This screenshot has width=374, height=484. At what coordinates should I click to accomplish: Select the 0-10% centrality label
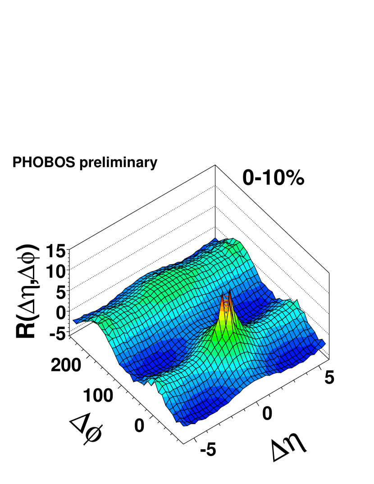274,178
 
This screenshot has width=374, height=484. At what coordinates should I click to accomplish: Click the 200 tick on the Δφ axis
66,365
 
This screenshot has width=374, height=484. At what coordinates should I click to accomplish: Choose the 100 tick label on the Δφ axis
98,396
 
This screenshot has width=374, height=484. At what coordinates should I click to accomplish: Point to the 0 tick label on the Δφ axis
140,425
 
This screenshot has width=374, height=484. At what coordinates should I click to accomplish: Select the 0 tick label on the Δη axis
267,413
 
